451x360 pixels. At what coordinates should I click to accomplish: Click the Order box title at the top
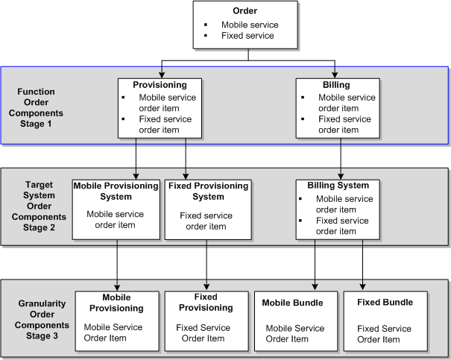coord(247,12)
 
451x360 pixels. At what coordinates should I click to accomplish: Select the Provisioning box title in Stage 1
coord(159,84)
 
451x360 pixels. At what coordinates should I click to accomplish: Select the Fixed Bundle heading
coord(380,303)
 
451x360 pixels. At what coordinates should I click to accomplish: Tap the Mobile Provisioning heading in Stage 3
coord(116,303)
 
